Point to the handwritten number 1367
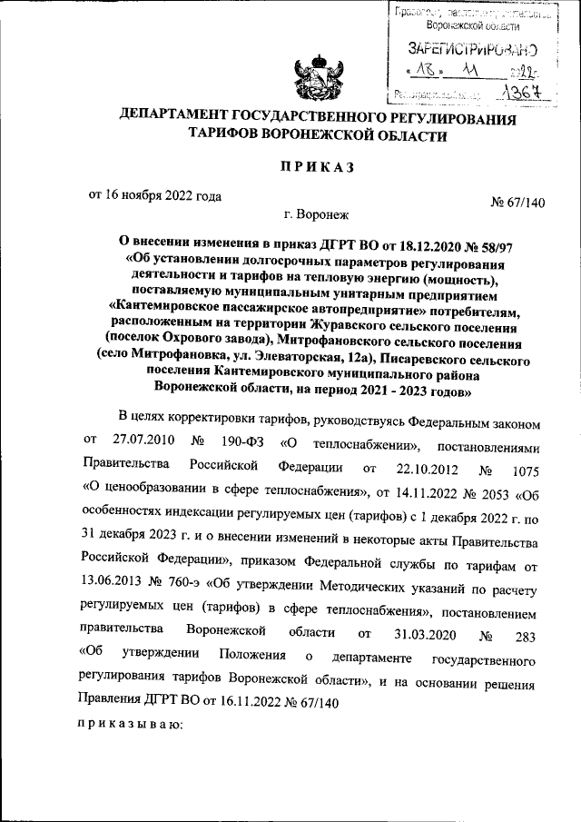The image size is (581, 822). coord(521,92)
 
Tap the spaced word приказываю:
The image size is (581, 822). coord(131,726)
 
